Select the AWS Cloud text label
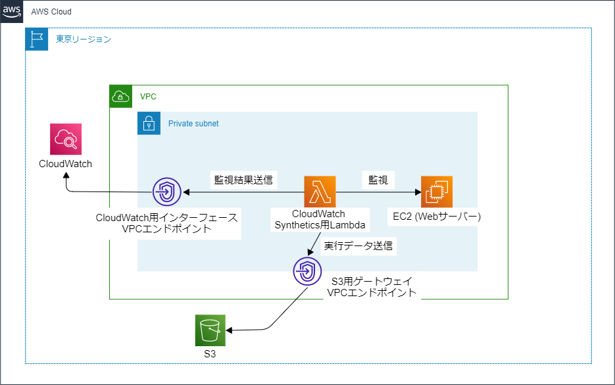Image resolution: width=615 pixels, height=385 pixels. (x=51, y=12)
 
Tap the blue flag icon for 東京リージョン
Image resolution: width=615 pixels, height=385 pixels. (x=36, y=39)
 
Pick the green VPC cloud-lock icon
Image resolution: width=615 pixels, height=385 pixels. (x=120, y=96)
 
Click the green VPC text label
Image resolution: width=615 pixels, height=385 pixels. (x=148, y=97)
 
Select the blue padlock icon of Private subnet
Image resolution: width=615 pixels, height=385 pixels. (x=149, y=123)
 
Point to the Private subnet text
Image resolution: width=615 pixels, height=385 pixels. (x=193, y=123)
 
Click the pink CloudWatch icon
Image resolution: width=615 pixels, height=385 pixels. (x=66, y=139)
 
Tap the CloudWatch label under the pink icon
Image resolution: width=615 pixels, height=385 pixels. (x=65, y=163)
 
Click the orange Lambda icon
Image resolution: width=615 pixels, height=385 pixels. (x=320, y=192)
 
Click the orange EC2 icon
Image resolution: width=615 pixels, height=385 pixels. (x=437, y=192)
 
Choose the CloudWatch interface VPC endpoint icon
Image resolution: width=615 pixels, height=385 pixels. (x=168, y=192)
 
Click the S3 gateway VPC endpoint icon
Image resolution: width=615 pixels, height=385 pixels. (x=308, y=270)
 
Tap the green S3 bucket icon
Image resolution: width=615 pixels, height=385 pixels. (x=210, y=330)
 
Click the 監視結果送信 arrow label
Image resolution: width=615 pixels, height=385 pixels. (x=243, y=179)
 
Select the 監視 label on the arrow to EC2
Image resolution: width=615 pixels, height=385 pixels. (x=378, y=179)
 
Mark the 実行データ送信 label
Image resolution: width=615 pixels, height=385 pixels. (x=358, y=246)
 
